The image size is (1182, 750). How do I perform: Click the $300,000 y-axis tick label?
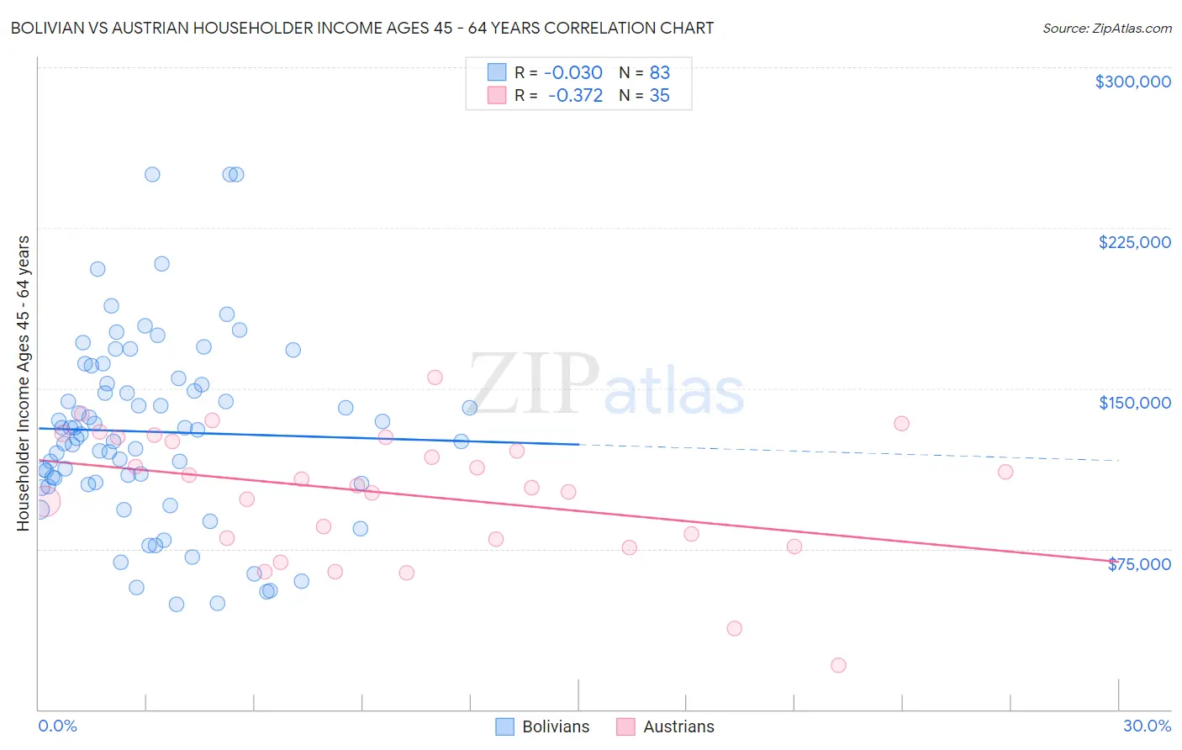(1132, 82)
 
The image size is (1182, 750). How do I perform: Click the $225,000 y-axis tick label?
(1134, 242)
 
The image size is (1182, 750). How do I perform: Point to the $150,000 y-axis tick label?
(1134, 403)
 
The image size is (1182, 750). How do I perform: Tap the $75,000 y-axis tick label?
(1139, 564)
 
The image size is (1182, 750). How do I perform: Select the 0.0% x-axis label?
(57, 726)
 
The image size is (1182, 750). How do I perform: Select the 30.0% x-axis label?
(1147, 726)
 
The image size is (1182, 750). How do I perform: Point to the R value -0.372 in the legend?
(575, 96)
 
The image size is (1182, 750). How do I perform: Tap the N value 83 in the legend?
(660, 72)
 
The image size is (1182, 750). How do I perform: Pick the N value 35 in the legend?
(660, 96)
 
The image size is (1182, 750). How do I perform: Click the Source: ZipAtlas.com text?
(1106, 29)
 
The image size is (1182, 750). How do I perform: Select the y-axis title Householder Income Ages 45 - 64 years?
(23, 383)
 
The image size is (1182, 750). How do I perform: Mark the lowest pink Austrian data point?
(838, 665)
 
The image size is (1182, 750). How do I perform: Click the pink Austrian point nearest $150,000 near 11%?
(435, 378)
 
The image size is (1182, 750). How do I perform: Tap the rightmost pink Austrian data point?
(1005, 472)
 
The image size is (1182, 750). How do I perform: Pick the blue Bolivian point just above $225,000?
(161, 264)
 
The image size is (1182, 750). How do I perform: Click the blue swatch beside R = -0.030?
(497, 72)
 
